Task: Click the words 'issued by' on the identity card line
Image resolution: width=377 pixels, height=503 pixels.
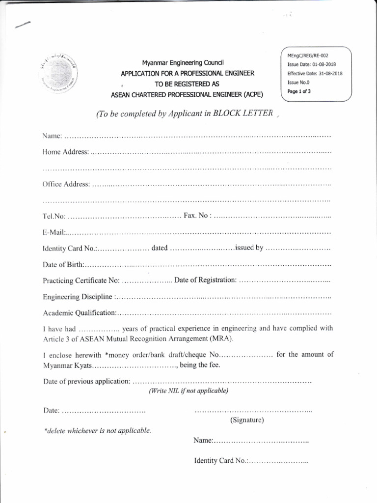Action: (249, 248)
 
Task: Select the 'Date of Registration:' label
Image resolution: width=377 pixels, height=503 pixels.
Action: (206, 280)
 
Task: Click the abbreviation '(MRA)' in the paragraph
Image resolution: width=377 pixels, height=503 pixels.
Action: (222, 338)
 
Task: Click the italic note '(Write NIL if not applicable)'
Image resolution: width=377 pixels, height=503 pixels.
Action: (188, 391)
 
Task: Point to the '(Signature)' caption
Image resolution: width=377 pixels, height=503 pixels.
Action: (247, 420)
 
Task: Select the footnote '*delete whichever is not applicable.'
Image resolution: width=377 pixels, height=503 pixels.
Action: (98, 430)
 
